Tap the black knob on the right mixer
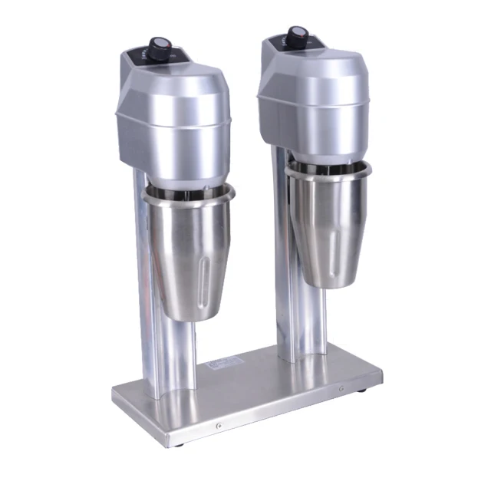point(299,35)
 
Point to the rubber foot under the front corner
point(179,443)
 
